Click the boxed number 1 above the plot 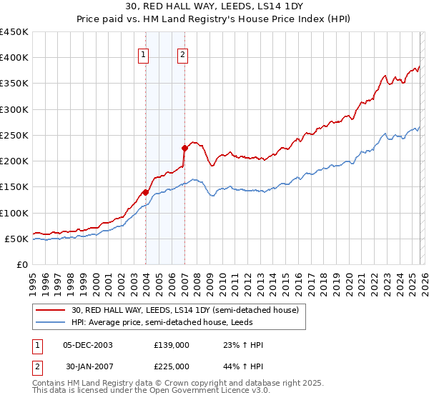point(144,54)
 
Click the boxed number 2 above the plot point(182,54)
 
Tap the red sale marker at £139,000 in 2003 point(145,192)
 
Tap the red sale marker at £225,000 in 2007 point(184,148)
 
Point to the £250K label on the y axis point(16,135)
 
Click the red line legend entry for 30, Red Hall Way point(178,309)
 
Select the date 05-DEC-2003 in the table point(88,345)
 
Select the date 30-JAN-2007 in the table point(88,366)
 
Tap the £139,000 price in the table point(172,345)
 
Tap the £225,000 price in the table point(172,366)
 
